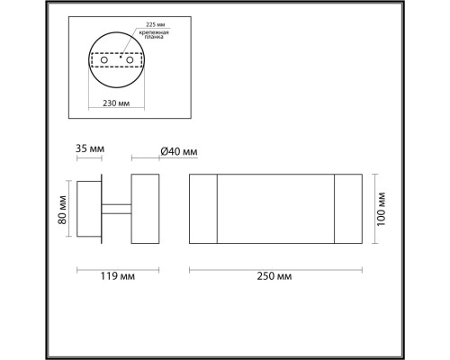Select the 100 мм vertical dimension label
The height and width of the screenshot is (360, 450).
click(x=382, y=209)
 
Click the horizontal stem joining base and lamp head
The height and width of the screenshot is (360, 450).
click(x=116, y=209)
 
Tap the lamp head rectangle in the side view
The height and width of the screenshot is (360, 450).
click(x=145, y=209)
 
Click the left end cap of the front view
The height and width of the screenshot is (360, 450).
click(x=202, y=209)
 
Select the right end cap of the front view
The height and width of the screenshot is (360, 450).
click(x=347, y=209)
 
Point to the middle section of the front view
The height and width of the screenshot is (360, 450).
click(x=274, y=209)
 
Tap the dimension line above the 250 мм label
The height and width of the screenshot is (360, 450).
click(x=274, y=266)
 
